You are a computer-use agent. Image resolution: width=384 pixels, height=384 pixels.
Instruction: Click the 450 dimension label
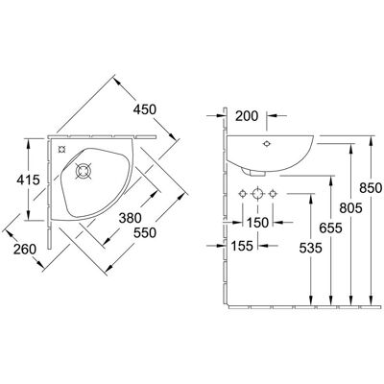click(145, 109)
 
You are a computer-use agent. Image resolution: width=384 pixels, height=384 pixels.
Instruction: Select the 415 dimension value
click(28, 180)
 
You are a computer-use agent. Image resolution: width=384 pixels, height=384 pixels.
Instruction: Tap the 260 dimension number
click(25, 250)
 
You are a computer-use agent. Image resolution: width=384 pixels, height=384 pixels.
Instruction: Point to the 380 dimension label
click(130, 218)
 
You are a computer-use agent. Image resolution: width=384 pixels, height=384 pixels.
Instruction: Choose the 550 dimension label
click(145, 232)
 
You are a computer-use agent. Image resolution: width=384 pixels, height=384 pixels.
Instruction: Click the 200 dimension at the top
click(247, 116)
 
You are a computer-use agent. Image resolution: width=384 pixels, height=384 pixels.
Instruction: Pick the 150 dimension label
click(258, 223)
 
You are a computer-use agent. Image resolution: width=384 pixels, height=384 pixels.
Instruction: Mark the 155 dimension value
click(242, 246)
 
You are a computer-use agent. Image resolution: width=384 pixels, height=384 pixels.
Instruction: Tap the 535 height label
click(310, 248)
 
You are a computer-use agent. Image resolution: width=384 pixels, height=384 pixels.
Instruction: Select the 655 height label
click(331, 228)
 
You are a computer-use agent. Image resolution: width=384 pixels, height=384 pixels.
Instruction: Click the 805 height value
click(350, 208)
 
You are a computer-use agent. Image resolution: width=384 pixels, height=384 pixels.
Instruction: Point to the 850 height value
click(371, 188)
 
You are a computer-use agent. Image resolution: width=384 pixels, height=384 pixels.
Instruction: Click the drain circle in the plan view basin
click(84, 171)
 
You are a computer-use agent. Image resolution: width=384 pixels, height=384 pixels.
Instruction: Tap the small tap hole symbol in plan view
click(61, 149)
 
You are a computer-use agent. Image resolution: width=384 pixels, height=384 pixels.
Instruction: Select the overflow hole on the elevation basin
click(266, 144)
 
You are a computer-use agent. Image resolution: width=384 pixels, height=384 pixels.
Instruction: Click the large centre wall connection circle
click(257, 194)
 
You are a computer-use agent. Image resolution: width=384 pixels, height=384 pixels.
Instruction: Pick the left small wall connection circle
click(243, 194)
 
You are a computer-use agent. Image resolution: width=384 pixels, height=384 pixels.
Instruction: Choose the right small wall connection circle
click(273, 194)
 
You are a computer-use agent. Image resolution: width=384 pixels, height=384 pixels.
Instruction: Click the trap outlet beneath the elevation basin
click(254, 173)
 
